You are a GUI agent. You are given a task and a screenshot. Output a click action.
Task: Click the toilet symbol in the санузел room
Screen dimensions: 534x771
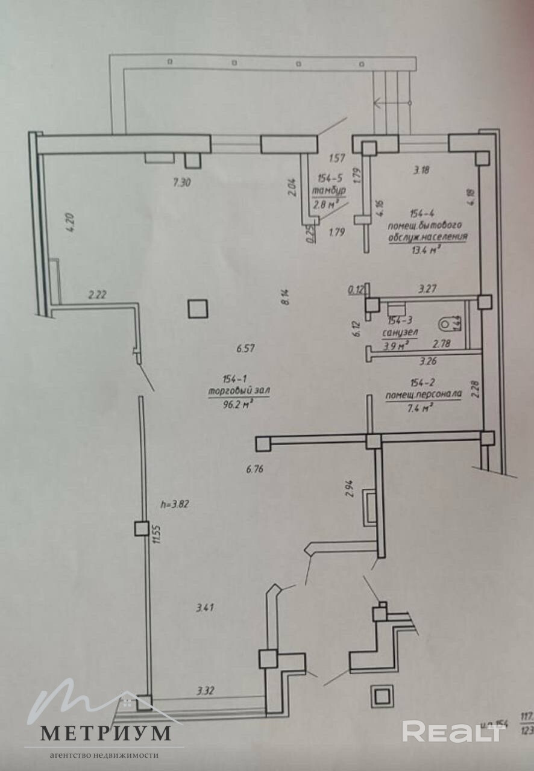[446, 324]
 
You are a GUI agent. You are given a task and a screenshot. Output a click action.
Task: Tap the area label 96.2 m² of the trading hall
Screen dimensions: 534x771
[237, 404]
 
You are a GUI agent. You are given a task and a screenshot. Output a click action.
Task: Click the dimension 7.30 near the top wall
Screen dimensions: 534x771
[181, 184]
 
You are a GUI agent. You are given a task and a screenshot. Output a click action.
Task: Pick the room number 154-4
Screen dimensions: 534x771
[422, 213]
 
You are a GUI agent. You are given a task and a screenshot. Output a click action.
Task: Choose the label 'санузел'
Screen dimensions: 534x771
[400, 332]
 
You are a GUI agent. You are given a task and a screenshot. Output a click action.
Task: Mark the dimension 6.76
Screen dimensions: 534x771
[255, 469]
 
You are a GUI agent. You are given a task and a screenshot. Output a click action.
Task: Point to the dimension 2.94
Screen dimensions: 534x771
[349, 487]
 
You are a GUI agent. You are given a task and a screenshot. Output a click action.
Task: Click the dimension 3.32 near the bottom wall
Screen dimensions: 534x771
[206, 691]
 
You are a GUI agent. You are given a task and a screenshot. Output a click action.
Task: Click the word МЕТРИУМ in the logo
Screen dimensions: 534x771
[105, 733]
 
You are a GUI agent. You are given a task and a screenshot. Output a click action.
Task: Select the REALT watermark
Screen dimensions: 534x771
[451, 731]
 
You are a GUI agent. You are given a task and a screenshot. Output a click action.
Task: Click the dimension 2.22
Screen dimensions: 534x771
[98, 295]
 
